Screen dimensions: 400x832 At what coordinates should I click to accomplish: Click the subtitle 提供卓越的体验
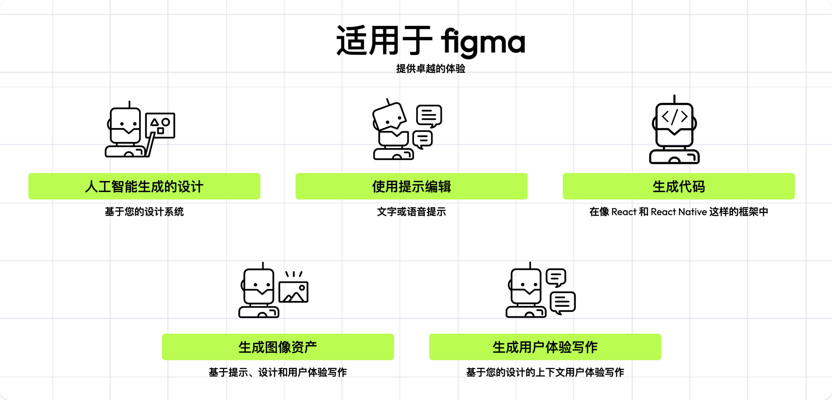pyautogui.click(x=430, y=69)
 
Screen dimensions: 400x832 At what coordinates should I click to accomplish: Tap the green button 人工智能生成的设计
pyautogui.click(x=144, y=187)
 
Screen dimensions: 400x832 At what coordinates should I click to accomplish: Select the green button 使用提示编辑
pyautogui.click(x=411, y=187)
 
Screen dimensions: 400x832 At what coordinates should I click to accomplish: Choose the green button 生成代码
pyautogui.click(x=678, y=187)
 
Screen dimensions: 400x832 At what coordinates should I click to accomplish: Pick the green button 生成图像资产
pyautogui.click(x=278, y=347)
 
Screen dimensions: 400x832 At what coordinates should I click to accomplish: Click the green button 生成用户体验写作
pyautogui.click(x=545, y=347)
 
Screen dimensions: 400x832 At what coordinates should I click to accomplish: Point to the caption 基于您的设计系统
pyautogui.click(x=144, y=212)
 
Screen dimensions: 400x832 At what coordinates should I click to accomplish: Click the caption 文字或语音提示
pyautogui.click(x=411, y=212)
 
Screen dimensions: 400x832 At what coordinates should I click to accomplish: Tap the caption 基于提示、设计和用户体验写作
pyautogui.click(x=278, y=372)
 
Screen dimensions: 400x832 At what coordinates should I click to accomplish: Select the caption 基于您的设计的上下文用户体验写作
pyautogui.click(x=545, y=372)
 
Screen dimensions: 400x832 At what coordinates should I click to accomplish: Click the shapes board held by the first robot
pyautogui.click(x=160, y=125)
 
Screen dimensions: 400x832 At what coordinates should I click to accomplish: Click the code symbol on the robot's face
pyautogui.click(x=674, y=117)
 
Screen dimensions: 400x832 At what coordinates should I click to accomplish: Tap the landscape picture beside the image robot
pyautogui.click(x=293, y=292)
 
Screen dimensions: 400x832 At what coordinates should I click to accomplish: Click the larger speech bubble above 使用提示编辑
pyautogui.click(x=429, y=115)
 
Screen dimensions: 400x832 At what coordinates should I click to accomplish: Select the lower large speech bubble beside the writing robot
pyautogui.click(x=562, y=302)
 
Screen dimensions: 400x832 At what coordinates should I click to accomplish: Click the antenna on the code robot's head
pyautogui.click(x=674, y=98)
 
